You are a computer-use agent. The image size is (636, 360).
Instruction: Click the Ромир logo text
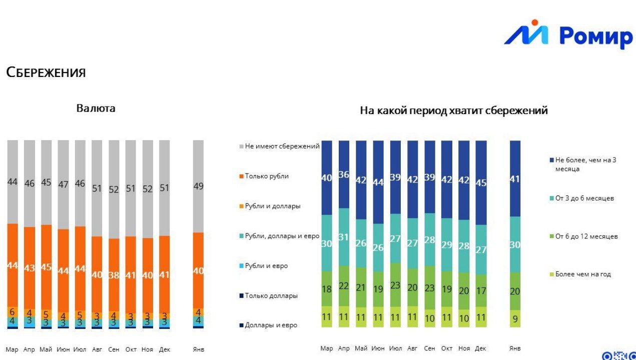point(595,36)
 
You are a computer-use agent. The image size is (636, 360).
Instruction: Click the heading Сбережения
point(46,72)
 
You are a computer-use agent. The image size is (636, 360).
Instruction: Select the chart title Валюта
point(96,108)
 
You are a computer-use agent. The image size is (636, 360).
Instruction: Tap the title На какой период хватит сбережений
point(454,110)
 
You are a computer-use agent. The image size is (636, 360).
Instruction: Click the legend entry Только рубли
point(267,176)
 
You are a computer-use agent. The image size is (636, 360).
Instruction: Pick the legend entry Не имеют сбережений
point(282,146)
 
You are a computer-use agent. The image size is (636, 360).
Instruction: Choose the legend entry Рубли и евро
point(266,266)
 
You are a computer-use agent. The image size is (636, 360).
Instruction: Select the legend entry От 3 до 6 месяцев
point(584,198)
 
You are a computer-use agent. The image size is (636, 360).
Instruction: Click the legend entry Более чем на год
point(583,274)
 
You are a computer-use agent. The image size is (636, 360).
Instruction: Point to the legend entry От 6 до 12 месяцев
point(586,236)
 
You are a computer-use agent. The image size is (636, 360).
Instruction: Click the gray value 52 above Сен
point(114,189)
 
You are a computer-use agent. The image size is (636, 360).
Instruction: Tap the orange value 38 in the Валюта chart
point(114,275)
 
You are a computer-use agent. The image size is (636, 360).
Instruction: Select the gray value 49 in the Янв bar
point(198,186)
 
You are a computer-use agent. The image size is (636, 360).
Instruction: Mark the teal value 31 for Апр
point(344,237)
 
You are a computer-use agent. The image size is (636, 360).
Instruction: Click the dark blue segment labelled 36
point(344,174)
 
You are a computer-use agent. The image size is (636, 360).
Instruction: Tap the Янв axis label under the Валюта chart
point(198,349)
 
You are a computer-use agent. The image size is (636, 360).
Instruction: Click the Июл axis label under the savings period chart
point(395,348)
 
